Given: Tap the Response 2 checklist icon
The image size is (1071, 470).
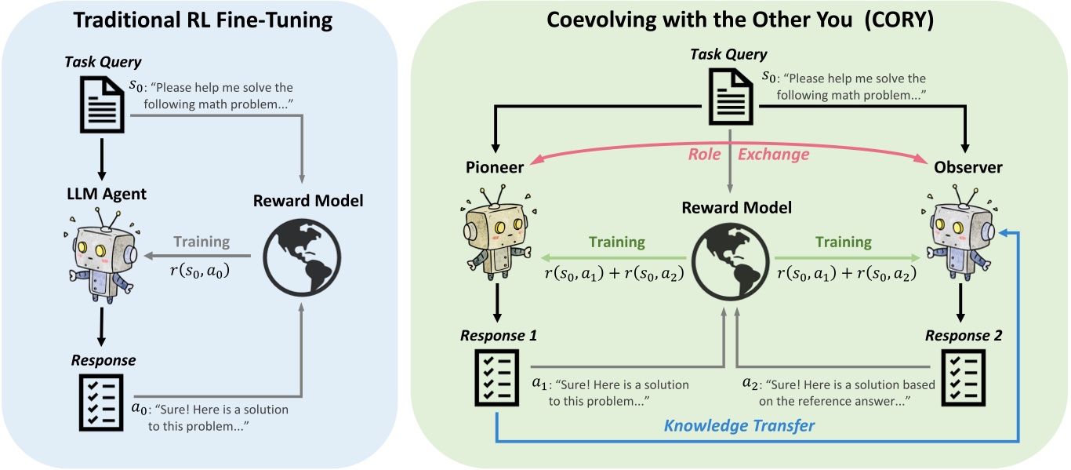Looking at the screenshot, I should (x=963, y=378).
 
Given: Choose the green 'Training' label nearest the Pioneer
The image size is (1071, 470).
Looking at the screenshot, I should (x=617, y=242).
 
